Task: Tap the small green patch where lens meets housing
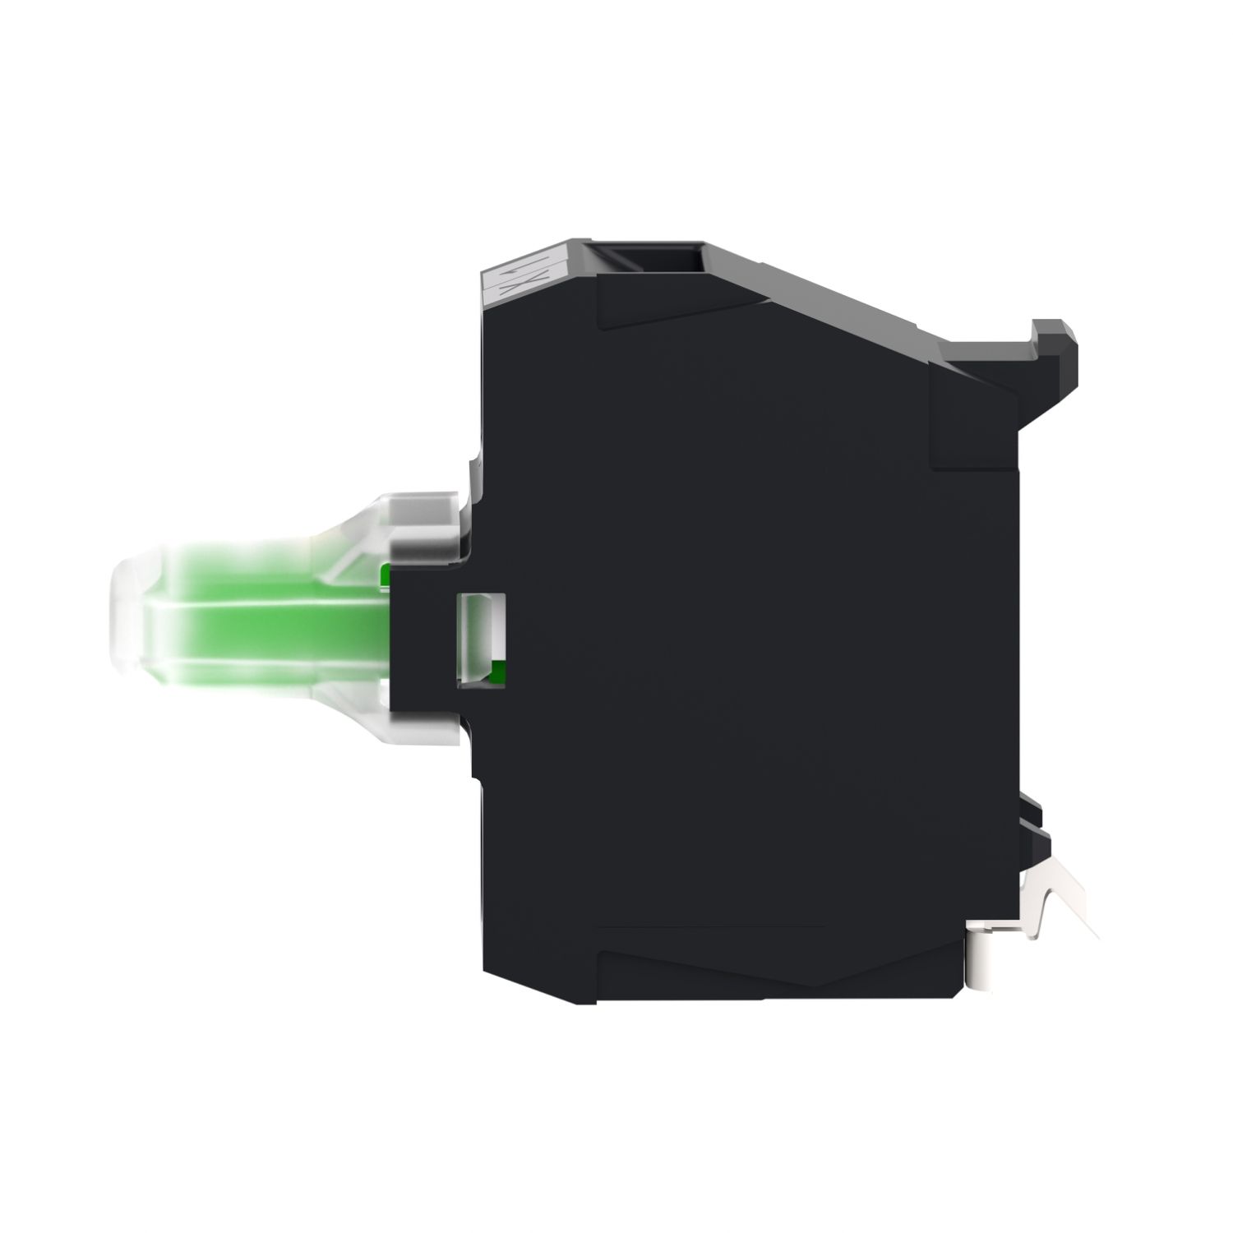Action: click(x=385, y=575)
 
